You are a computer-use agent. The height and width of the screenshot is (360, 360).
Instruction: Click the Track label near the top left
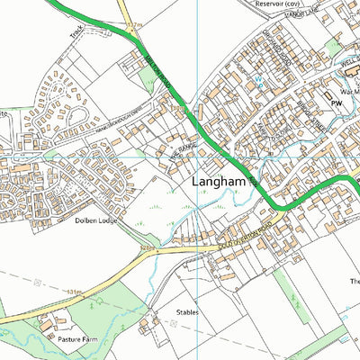[77, 33]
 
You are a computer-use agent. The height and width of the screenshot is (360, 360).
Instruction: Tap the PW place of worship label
[338, 103]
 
